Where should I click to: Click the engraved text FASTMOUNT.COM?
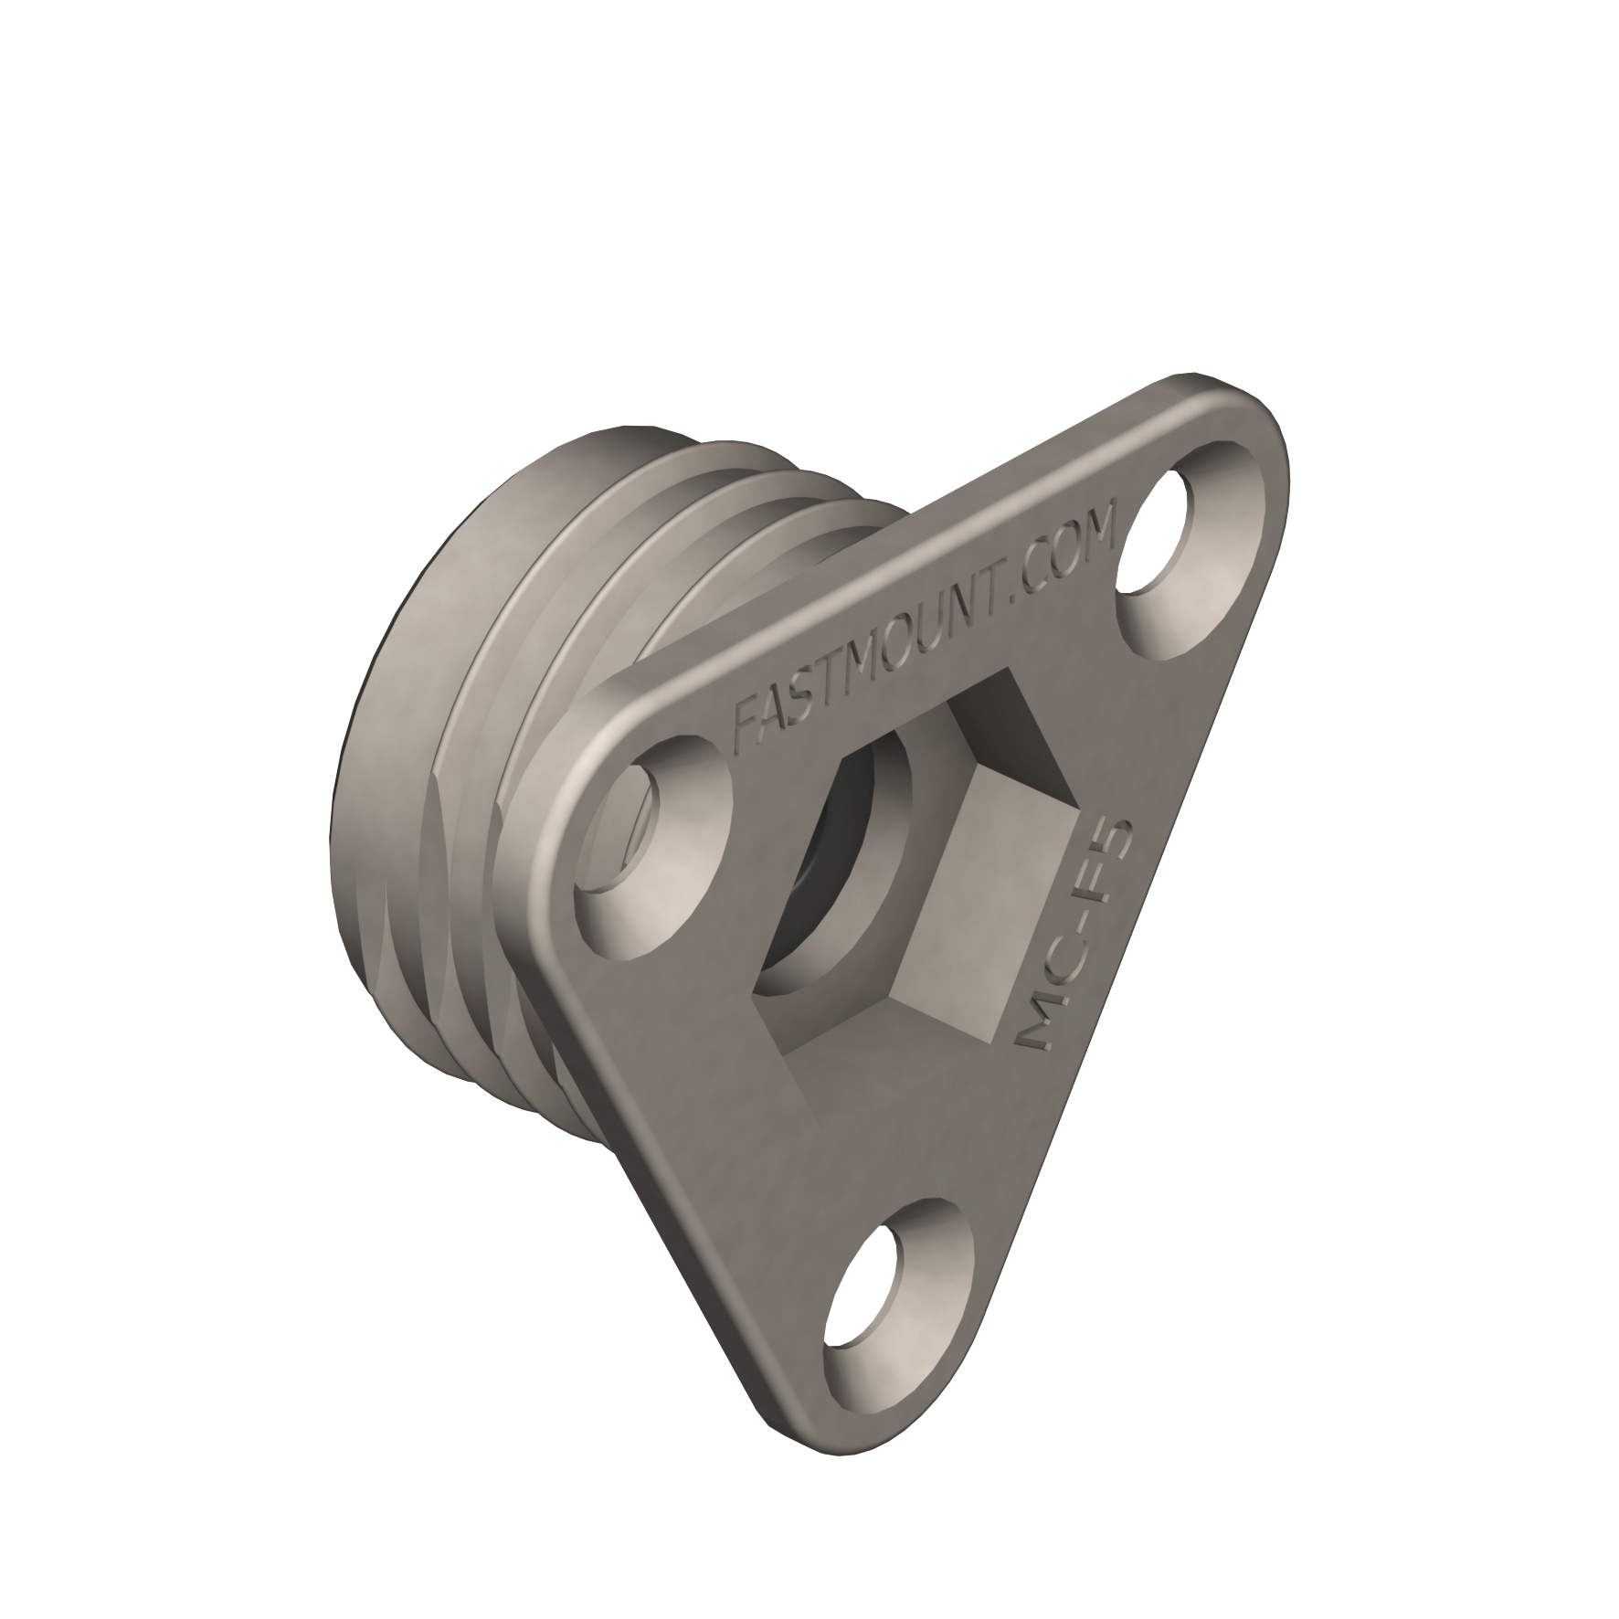(923, 631)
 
